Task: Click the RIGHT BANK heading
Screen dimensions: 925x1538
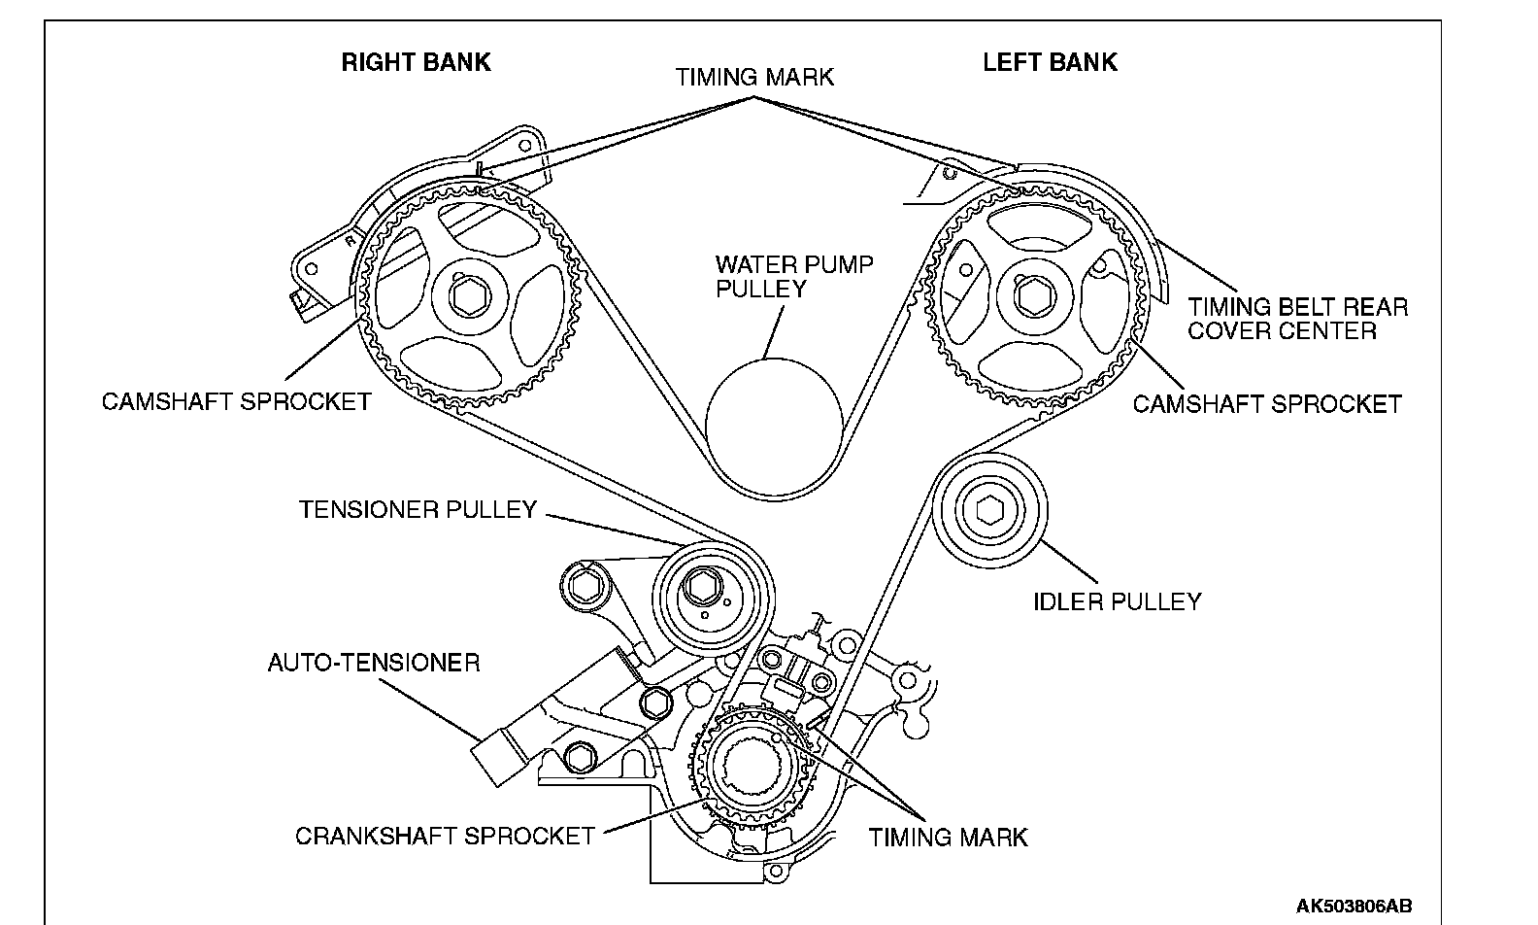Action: (x=416, y=62)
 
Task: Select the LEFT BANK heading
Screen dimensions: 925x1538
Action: (x=1050, y=62)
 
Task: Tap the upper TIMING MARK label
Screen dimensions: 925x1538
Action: (x=754, y=77)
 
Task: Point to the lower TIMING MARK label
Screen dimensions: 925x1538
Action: (x=948, y=837)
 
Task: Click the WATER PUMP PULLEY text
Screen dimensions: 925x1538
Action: (x=793, y=276)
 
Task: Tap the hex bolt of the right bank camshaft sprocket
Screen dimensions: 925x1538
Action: (x=472, y=293)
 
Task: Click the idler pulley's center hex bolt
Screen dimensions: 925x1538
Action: (x=989, y=510)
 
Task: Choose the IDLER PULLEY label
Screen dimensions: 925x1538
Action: (x=1117, y=601)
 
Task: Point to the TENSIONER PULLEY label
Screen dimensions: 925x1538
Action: (x=418, y=509)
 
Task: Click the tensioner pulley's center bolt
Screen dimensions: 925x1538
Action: (x=700, y=586)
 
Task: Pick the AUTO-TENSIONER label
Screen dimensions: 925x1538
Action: (x=374, y=663)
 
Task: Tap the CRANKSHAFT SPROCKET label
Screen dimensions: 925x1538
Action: (x=445, y=836)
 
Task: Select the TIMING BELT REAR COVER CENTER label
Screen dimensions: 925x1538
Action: (x=1297, y=319)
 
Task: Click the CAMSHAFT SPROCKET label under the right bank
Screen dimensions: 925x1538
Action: (x=236, y=400)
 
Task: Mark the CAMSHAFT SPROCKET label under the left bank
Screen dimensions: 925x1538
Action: (x=1267, y=403)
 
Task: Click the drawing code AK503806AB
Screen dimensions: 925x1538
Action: (x=1354, y=906)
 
